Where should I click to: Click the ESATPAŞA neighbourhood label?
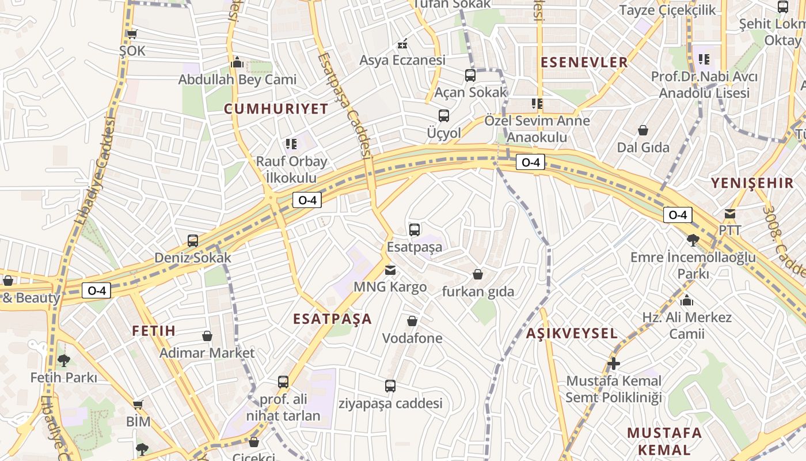point(332,319)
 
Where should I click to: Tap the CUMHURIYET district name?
point(276,109)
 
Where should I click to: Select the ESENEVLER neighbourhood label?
point(584,62)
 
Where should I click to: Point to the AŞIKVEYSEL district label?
point(572,333)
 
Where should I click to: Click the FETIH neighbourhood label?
point(153,331)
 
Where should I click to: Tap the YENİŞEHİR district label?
point(752,183)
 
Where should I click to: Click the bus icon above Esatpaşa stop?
point(414,230)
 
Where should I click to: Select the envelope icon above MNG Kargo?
point(390,270)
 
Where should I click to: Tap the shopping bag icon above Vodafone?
point(412,321)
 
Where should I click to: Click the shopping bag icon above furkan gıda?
point(477,274)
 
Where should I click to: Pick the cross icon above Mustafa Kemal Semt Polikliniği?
point(614,364)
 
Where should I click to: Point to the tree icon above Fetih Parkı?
point(63,361)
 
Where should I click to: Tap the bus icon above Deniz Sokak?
point(192,240)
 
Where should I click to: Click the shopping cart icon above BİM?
point(138,405)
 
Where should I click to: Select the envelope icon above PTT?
point(730,214)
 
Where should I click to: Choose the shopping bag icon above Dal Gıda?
point(643,130)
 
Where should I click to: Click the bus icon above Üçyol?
point(443,116)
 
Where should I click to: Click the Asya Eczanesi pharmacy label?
point(402,60)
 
